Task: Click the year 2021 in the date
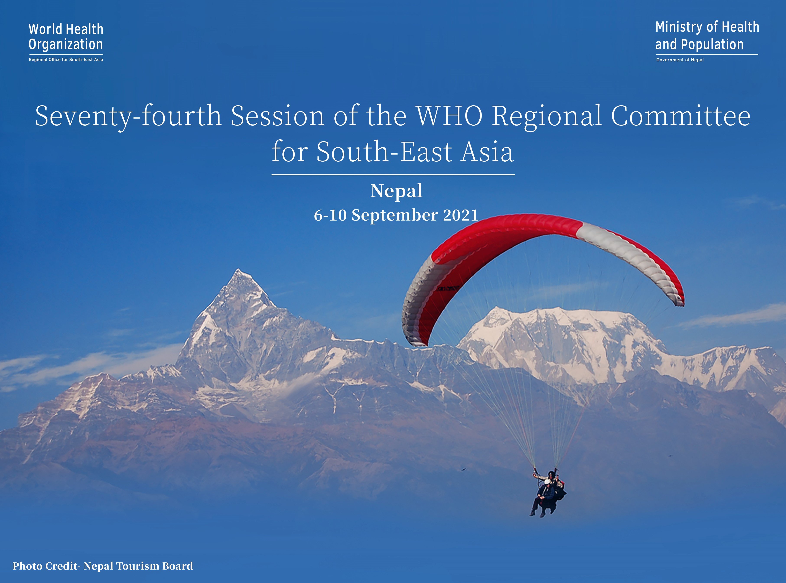460,215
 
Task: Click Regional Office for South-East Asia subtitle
66,60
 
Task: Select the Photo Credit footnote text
103,566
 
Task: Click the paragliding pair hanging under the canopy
548,494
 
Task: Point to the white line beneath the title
393,175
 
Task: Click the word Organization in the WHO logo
66,45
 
